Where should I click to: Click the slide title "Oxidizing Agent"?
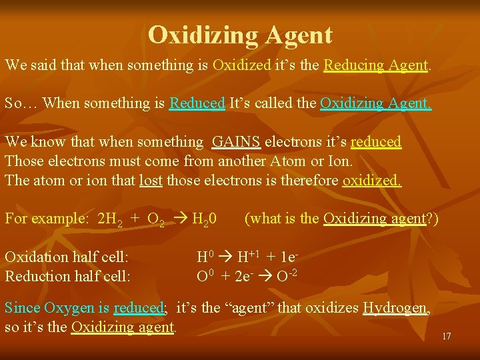coord(240,34)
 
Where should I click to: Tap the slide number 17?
coord(447,336)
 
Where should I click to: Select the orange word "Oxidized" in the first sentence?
coord(241,65)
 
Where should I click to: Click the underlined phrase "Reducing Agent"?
coord(375,65)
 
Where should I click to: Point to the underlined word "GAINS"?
coord(236,142)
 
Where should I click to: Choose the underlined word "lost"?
coord(150,180)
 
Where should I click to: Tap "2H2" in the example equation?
coord(110,219)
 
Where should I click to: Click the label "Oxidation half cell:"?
coord(67,257)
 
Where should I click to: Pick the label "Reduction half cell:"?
coord(67,276)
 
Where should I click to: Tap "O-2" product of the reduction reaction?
coord(287,276)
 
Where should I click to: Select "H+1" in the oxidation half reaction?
coord(248,257)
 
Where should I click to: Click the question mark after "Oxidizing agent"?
coord(429,219)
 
